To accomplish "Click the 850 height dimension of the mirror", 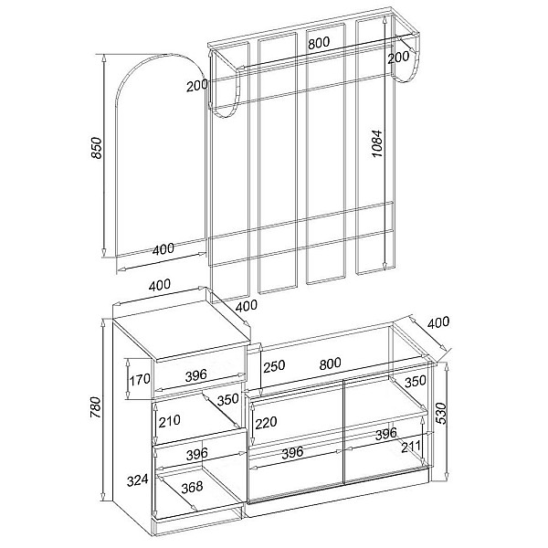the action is [97, 148].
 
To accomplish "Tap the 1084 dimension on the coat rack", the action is [377, 143].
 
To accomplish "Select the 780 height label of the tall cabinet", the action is [95, 407].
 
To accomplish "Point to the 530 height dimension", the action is [441, 413].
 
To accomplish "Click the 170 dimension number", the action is [140, 379].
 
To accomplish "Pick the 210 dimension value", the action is [170, 421].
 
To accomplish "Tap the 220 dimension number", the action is [266, 423].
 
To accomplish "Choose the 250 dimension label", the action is [274, 366].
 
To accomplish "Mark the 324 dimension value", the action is [137, 480].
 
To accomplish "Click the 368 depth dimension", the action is [192, 487].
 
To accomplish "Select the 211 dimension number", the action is [411, 447].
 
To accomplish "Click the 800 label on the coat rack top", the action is [319, 43].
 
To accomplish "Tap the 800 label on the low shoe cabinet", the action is [330, 364].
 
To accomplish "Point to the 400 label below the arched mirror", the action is [163, 249].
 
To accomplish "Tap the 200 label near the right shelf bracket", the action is [398, 58].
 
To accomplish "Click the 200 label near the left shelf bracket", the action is [196, 86].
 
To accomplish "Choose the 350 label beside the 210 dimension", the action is [227, 399].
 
